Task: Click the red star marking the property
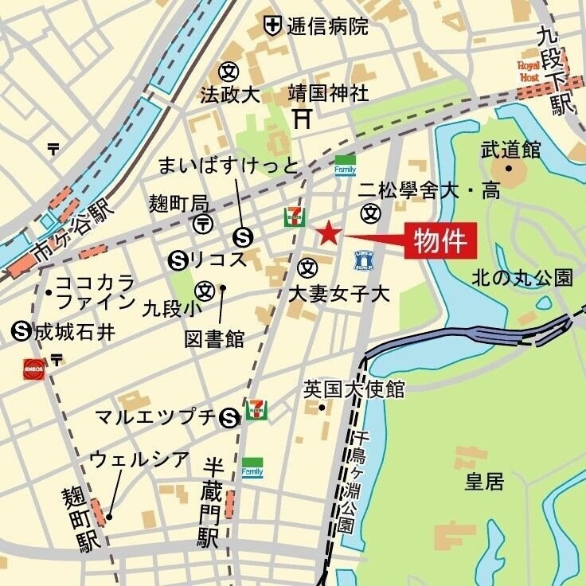tap(329, 234)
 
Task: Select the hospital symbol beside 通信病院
tap(273, 25)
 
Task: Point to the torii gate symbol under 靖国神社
tap(302, 119)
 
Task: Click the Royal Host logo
tap(529, 71)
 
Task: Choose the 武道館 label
tap(510, 149)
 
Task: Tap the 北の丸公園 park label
tap(522, 278)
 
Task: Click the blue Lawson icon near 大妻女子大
tap(364, 260)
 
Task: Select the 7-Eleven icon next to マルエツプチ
tap(256, 410)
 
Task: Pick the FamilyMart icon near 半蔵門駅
tap(252, 467)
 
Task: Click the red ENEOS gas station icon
tap(33, 369)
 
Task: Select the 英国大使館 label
tap(354, 389)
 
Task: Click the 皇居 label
tap(484, 481)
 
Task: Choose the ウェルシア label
tap(139, 459)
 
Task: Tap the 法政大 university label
tap(230, 95)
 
